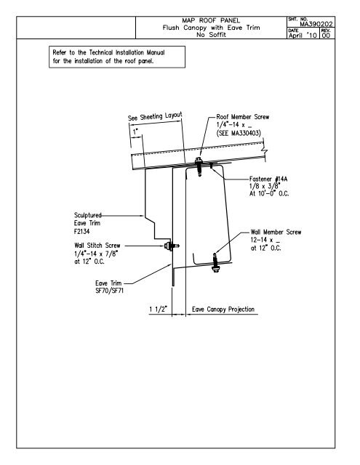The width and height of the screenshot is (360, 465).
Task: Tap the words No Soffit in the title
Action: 212,34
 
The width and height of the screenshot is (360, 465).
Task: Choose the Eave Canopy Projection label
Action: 223,310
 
